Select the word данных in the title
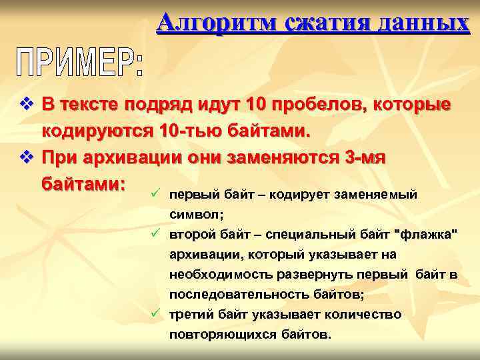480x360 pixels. click(421, 24)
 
